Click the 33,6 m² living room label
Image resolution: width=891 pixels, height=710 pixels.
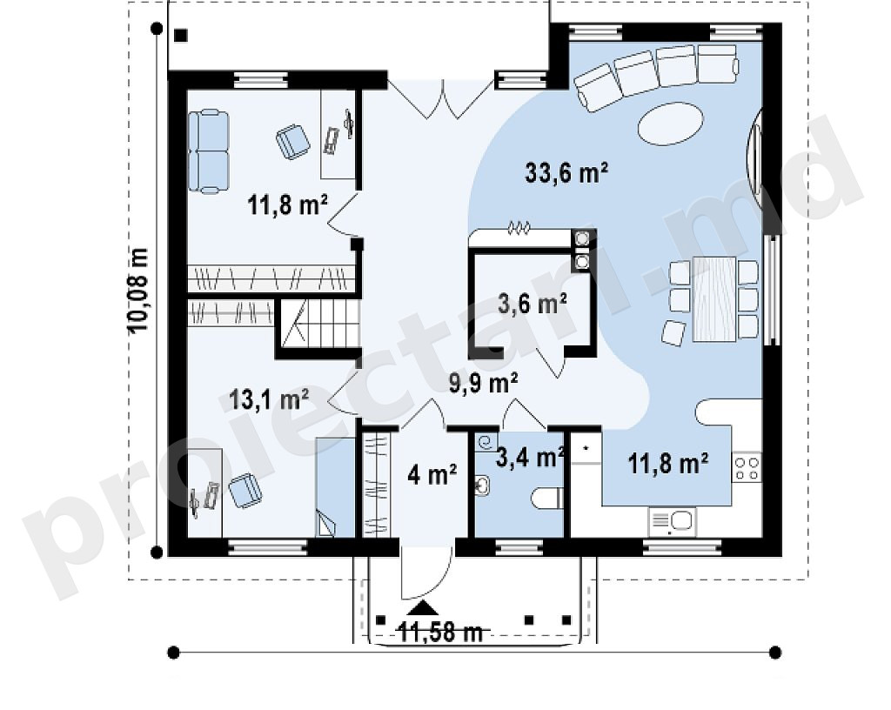[x=566, y=172]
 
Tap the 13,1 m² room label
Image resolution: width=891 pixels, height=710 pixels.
[x=268, y=399]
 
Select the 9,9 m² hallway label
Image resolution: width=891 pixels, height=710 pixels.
[x=483, y=383]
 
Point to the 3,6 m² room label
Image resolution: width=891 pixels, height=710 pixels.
[x=533, y=304]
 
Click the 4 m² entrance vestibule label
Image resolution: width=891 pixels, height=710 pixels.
[x=432, y=474]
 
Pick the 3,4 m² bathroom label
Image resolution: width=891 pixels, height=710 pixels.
[x=530, y=456]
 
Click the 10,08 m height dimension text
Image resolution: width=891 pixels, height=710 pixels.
[x=138, y=291]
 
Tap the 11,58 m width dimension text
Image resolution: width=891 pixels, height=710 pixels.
[x=439, y=632]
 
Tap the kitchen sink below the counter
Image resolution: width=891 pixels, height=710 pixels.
[x=673, y=521]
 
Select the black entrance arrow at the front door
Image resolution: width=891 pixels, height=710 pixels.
[x=421, y=608]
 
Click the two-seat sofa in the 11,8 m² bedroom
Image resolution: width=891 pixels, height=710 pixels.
[x=209, y=151]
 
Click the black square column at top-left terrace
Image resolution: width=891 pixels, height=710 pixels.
[x=181, y=35]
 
